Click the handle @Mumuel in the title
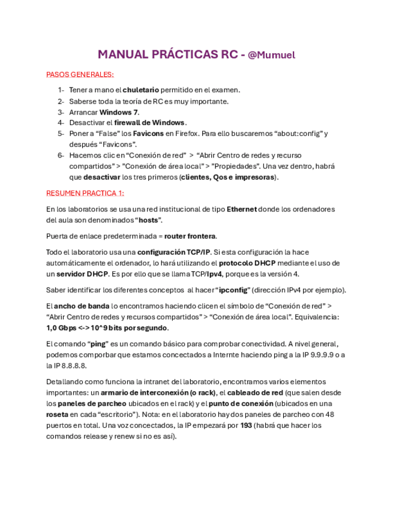coord(271,55)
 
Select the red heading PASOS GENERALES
coord(80,74)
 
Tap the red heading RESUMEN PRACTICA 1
coord(85,193)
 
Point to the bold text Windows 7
coord(119,112)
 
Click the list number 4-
coord(61,123)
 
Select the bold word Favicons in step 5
coord(148,134)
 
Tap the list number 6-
coord(61,156)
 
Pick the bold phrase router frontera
coord(190,236)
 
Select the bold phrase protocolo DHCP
coord(247,263)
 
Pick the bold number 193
coord(246,425)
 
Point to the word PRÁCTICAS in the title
coord(180,55)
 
